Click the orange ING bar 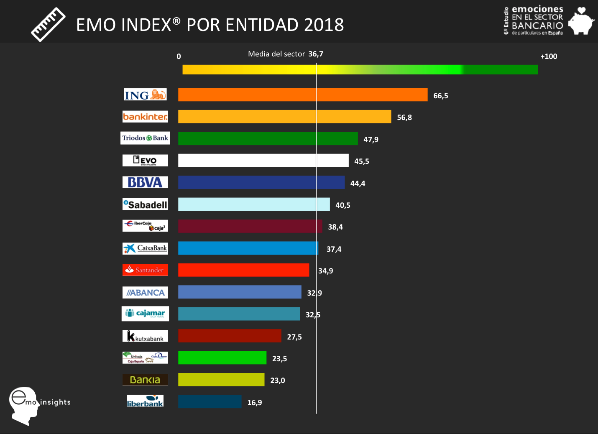303,94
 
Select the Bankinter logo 145,117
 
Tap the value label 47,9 371,140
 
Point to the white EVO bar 263,161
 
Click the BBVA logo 145,182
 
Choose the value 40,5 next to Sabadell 342,205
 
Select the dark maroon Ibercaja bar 250,226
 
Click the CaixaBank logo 145,248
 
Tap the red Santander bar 243,270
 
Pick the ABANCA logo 145,292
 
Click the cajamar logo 145,314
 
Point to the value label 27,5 294,337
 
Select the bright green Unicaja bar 222,358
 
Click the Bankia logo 145,380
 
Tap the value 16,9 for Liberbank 254,403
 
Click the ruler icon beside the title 48,24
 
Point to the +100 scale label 548,56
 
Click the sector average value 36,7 316,54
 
